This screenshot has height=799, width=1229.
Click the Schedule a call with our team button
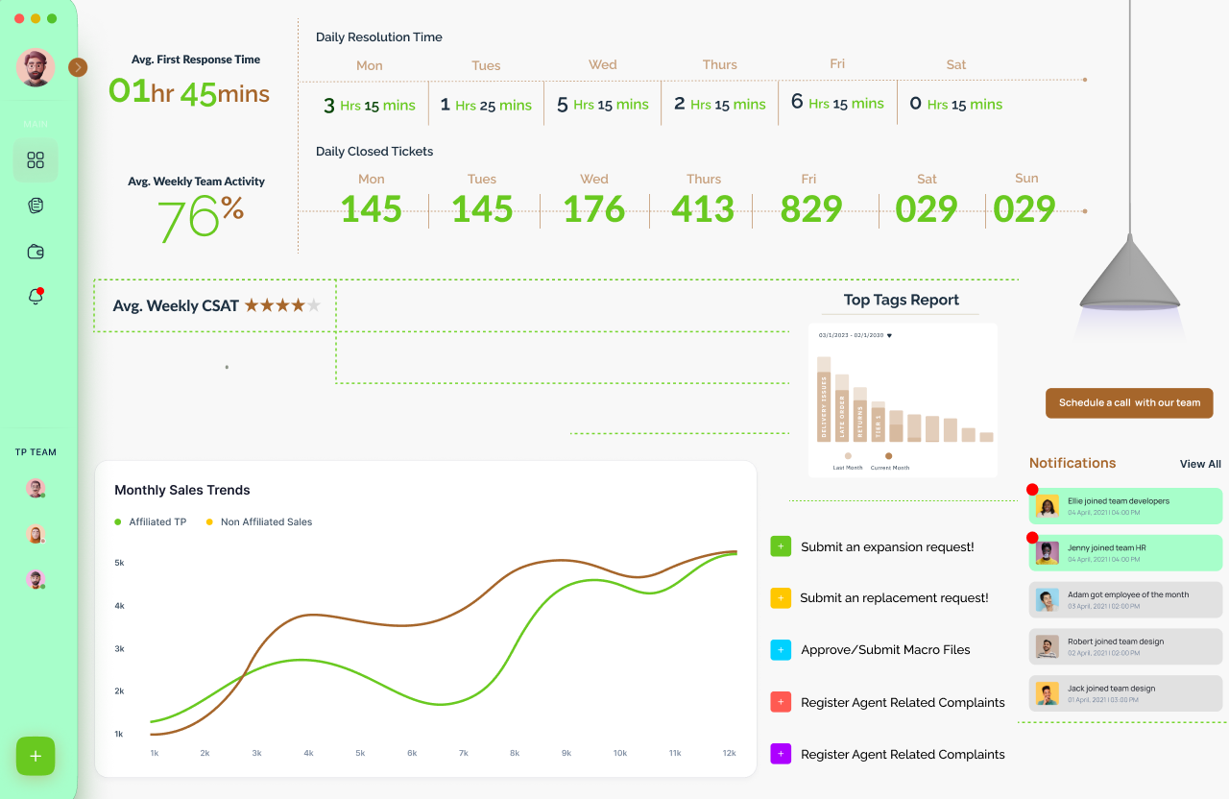(1129, 403)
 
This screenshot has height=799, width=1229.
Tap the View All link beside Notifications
(1200, 464)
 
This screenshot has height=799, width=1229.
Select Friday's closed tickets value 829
(811, 209)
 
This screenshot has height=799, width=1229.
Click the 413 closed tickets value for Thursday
(703, 209)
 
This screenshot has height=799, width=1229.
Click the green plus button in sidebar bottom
(36, 757)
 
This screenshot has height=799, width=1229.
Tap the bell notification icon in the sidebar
(36, 297)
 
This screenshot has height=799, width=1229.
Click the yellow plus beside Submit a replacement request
(781, 598)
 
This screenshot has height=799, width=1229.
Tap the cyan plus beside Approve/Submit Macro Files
(781, 650)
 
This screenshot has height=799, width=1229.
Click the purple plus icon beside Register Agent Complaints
(781, 754)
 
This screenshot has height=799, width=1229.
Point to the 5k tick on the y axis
(119, 563)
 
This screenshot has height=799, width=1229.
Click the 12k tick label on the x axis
(730, 753)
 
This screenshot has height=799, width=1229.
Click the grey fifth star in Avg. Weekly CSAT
(313, 306)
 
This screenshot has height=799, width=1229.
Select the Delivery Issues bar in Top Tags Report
(823, 403)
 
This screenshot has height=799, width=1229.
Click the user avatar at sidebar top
(36, 68)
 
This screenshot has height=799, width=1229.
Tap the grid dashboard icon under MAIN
(36, 160)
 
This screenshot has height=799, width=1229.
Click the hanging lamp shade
(1130, 274)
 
